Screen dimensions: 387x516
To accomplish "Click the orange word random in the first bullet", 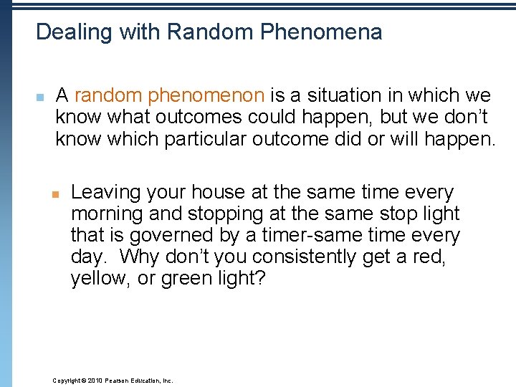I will (105, 95).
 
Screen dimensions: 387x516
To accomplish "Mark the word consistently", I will (298, 257).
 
